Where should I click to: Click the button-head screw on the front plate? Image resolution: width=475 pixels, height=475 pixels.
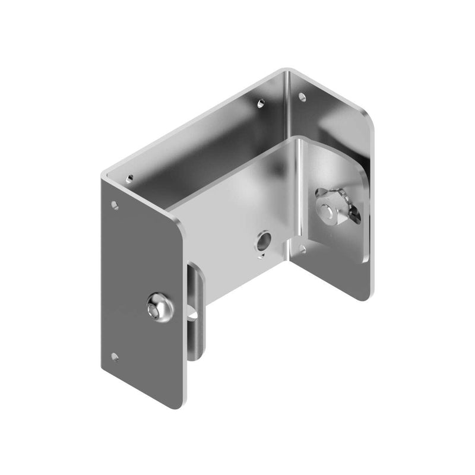tap(160, 308)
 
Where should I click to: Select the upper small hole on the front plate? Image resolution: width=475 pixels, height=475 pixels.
tap(115, 205)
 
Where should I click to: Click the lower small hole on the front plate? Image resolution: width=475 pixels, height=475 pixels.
tap(115, 357)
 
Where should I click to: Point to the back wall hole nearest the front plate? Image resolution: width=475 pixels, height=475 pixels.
tap(128, 177)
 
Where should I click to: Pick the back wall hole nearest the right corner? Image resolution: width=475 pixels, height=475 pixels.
tap(259, 103)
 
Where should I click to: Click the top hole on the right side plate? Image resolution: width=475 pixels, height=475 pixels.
tap(302, 95)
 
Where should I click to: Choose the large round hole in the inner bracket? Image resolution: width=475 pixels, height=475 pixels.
tap(262, 240)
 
